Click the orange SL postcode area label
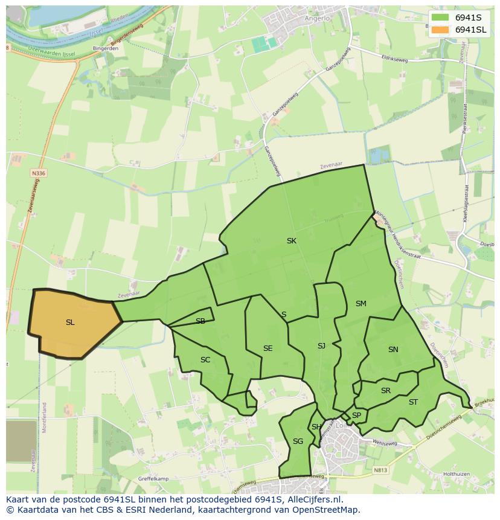click(70, 323)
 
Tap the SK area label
click(292, 241)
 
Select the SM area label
click(361, 304)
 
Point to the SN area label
click(393, 350)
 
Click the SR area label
click(386, 391)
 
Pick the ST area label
click(413, 402)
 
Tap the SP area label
click(356, 416)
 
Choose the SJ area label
click(321, 346)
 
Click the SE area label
click(268, 348)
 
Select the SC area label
click(205, 360)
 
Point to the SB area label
click(200, 321)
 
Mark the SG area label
click(298, 441)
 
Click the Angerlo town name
click(318, 18)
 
